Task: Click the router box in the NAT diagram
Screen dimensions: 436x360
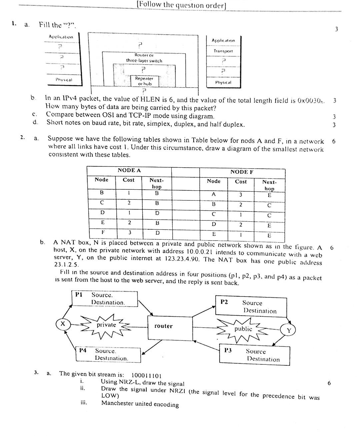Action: click(x=170, y=326)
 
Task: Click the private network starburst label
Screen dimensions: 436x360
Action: click(x=106, y=325)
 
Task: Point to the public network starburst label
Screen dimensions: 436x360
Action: click(x=243, y=329)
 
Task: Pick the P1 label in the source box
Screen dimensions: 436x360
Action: click(x=79, y=294)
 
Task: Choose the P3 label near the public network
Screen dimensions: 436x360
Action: click(x=228, y=350)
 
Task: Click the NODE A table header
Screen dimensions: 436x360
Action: click(x=129, y=170)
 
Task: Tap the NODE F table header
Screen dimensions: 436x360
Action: click(x=242, y=172)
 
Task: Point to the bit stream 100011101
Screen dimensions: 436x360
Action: click(x=147, y=375)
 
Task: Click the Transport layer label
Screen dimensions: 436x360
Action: click(x=223, y=51)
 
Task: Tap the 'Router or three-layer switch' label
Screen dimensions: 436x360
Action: click(x=144, y=58)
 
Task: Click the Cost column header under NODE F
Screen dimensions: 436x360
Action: click(x=241, y=182)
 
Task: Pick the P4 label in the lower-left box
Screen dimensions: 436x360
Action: click(x=83, y=350)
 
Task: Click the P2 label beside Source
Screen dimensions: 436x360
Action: click(x=224, y=302)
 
